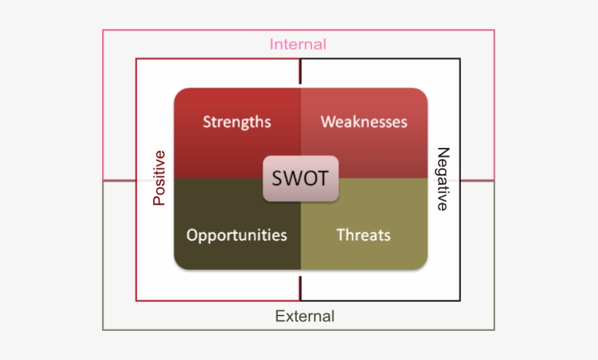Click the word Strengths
[236, 122]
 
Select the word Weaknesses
[364, 122]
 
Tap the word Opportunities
[236, 235]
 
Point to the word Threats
[363, 235]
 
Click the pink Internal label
[298, 44]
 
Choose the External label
[305, 316]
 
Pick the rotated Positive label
[159, 178]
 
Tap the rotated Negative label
[442, 179]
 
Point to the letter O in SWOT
[310, 179]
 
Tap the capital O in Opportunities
[192, 235]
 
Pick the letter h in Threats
[347, 235]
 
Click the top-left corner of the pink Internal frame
[103, 31]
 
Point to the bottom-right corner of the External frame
[494, 329]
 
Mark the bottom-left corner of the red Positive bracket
[136, 300]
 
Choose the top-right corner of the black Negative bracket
[460, 59]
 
